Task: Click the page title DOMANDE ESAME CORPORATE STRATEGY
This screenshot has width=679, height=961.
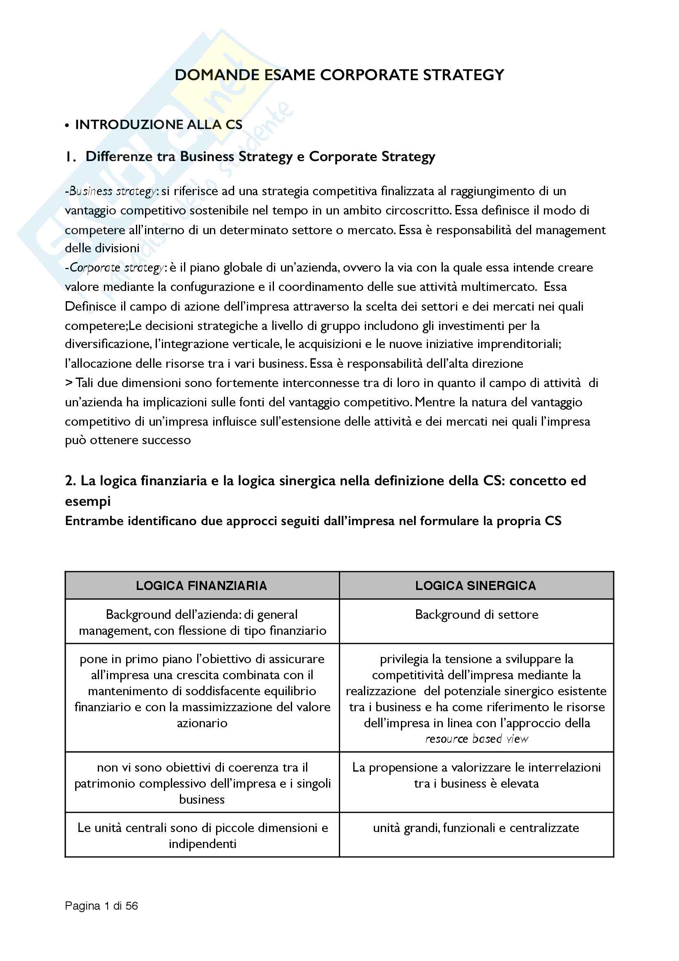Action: [x=339, y=75]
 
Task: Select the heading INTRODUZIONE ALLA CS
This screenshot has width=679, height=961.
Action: [x=159, y=125]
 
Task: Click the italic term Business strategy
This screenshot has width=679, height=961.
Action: [x=113, y=191]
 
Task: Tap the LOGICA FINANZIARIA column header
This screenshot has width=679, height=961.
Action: [x=201, y=585]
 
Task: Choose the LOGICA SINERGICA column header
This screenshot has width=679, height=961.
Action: [x=476, y=585]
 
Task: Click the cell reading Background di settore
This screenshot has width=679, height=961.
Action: [x=476, y=614]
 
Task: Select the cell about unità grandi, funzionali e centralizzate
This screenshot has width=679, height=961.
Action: [x=476, y=828]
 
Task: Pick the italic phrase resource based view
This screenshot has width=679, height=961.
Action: [x=477, y=739]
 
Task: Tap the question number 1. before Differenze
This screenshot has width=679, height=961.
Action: [x=70, y=157]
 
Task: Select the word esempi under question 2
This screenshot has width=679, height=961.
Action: [x=88, y=501]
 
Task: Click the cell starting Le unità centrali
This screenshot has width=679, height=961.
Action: [x=203, y=835]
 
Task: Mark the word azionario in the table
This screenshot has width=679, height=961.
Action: [x=202, y=723]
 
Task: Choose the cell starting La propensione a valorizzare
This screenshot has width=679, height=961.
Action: [x=476, y=775]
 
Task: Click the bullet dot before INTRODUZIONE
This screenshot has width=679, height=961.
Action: [x=67, y=126]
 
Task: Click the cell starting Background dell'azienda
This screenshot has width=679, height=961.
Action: [x=202, y=622]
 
